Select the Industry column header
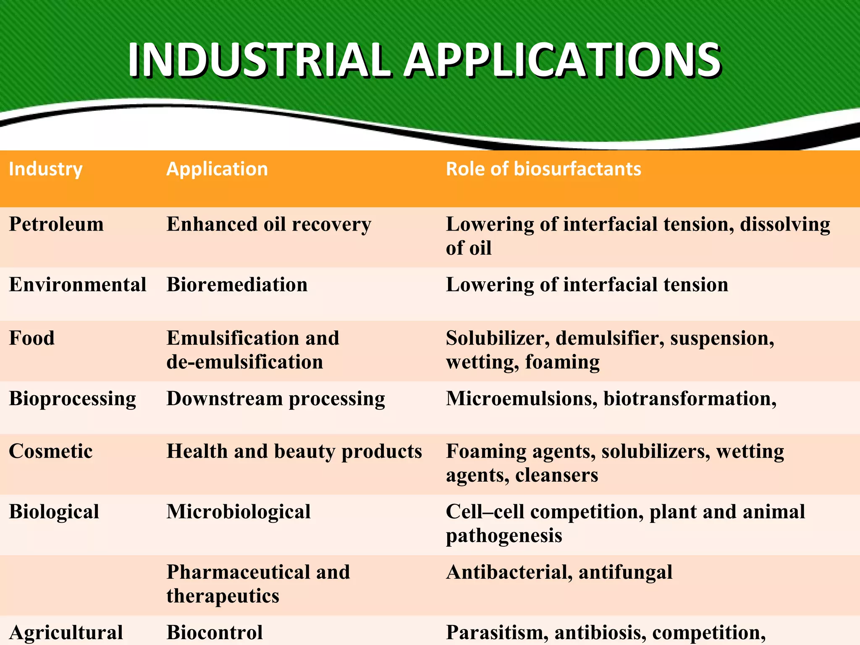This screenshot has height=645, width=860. (46, 169)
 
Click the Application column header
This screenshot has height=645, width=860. (217, 169)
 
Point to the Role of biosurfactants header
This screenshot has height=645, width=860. (543, 169)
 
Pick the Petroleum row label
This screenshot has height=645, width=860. (56, 224)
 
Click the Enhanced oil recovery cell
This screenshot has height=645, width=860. (269, 224)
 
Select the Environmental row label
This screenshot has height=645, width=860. (78, 285)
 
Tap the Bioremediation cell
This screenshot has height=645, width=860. (237, 285)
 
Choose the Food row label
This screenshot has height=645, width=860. (32, 338)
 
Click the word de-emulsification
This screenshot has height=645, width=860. (245, 362)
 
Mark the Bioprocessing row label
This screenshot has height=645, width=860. (73, 399)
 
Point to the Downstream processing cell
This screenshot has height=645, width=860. (275, 399)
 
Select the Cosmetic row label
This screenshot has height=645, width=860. (51, 451)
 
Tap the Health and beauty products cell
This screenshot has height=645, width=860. (294, 451)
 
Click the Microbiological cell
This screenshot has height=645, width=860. (239, 512)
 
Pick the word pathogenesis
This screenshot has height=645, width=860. (504, 536)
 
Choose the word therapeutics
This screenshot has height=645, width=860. (223, 596)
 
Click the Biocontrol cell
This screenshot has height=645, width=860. (215, 632)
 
